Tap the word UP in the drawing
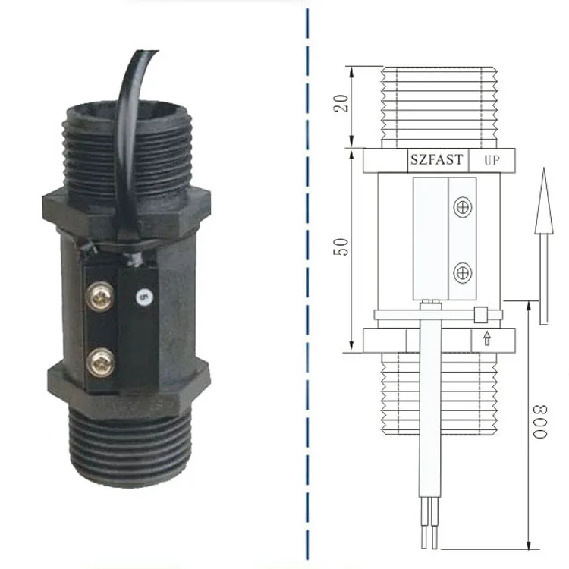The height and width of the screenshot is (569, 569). coord(491,161)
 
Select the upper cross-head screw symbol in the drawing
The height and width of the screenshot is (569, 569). coord(462,206)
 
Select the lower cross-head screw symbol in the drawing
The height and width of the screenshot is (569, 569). coord(462,271)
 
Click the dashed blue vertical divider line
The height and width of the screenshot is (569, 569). coord(307,284)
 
